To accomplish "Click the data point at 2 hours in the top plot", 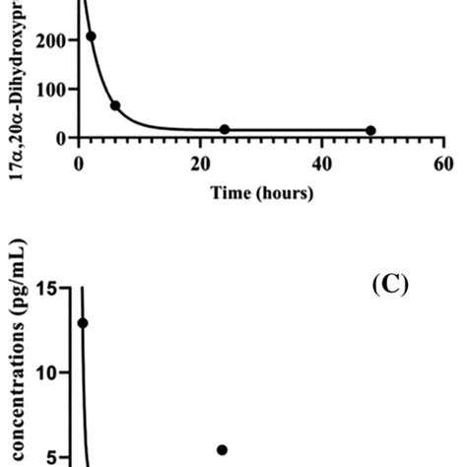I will tap(91, 36).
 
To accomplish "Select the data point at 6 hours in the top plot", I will tap(115, 105).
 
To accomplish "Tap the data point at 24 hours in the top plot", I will tap(225, 129).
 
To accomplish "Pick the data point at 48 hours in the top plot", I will tap(370, 130).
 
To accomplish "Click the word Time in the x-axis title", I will tap(230, 193).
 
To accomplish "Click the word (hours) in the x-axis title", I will tap(288, 193).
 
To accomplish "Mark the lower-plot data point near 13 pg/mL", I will tap(83, 322).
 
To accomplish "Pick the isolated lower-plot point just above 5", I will tap(223, 450).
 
